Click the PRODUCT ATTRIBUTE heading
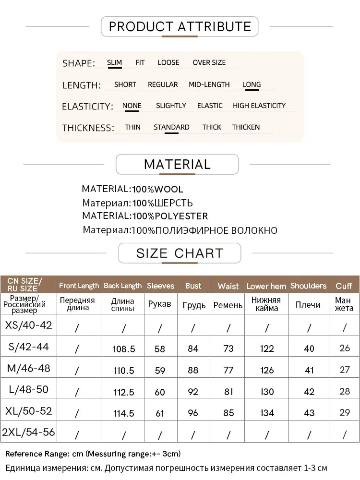pyautogui.click(x=180, y=26)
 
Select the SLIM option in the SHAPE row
pyautogui.click(x=114, y=62)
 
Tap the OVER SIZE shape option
pyautogui.click(x=209, y=62)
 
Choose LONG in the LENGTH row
pyautogui.click(x=252, y=84)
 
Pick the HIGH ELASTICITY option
pyautogui.click(x=259, y=106)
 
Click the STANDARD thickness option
pyautogui.click(x=171, y=127)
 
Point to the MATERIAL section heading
pyautogui.click(x=177, y=164)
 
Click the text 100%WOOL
pyautogui.click(x=158, y=189)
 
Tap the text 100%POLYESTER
pyautogui.click(x=170, y=216)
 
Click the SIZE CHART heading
pyautogui.click(x=180, y=253)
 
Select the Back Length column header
pyautogui.click(x=123, y=286)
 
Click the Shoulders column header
pyautogui.click(x=308, y=286)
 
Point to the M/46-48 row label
pyautogui.click(x=28, y=369)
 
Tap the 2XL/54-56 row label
pyautogui.click(x=28, y=432)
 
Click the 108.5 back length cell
pyautogui.click(x=123, y=349)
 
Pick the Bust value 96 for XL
pyautogui.click(x=193, y=413)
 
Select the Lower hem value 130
pyautogui.click(x=267, y=392)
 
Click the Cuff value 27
pyautogui.click(x=345, y=370)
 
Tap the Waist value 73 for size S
pyautogui.click(x=228, y=349)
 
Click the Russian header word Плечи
pyautogui.click(x=308, y=305)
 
